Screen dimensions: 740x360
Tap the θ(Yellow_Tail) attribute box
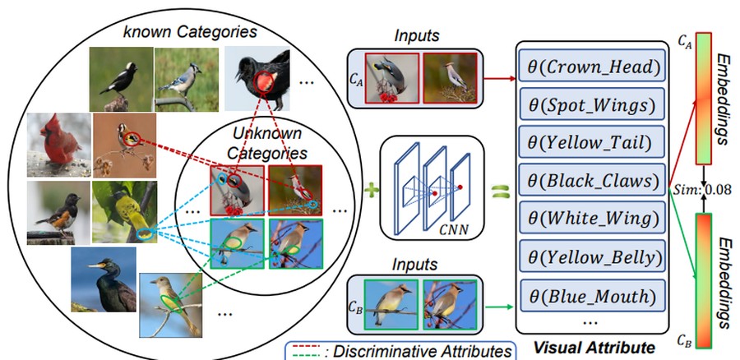pyautogui.click(x=592, y=141)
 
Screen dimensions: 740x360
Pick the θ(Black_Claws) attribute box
pyautogui.click(x=592, y=180)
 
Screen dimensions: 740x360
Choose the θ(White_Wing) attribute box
pyautogui.click(x=592, y=218)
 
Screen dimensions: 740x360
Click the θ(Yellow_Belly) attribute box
pyautogui.click(x=592, y=256)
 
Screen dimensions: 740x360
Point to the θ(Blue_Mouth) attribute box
pyautogui.click(x=592, y=295)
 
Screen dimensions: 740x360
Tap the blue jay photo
pyautogui.click(x=187, y=79)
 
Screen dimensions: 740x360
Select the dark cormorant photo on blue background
pyautogui.click(x=104, y=279)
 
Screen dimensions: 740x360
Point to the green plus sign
pyautogui.click(x=372, y=191)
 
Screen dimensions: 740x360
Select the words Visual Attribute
pyautogui.click(x=594, y=348)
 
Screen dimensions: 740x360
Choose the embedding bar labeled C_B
pyautogui.click(x=703, y=280)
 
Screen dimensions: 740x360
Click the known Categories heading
pyautogui.click(x=190, y=31)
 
